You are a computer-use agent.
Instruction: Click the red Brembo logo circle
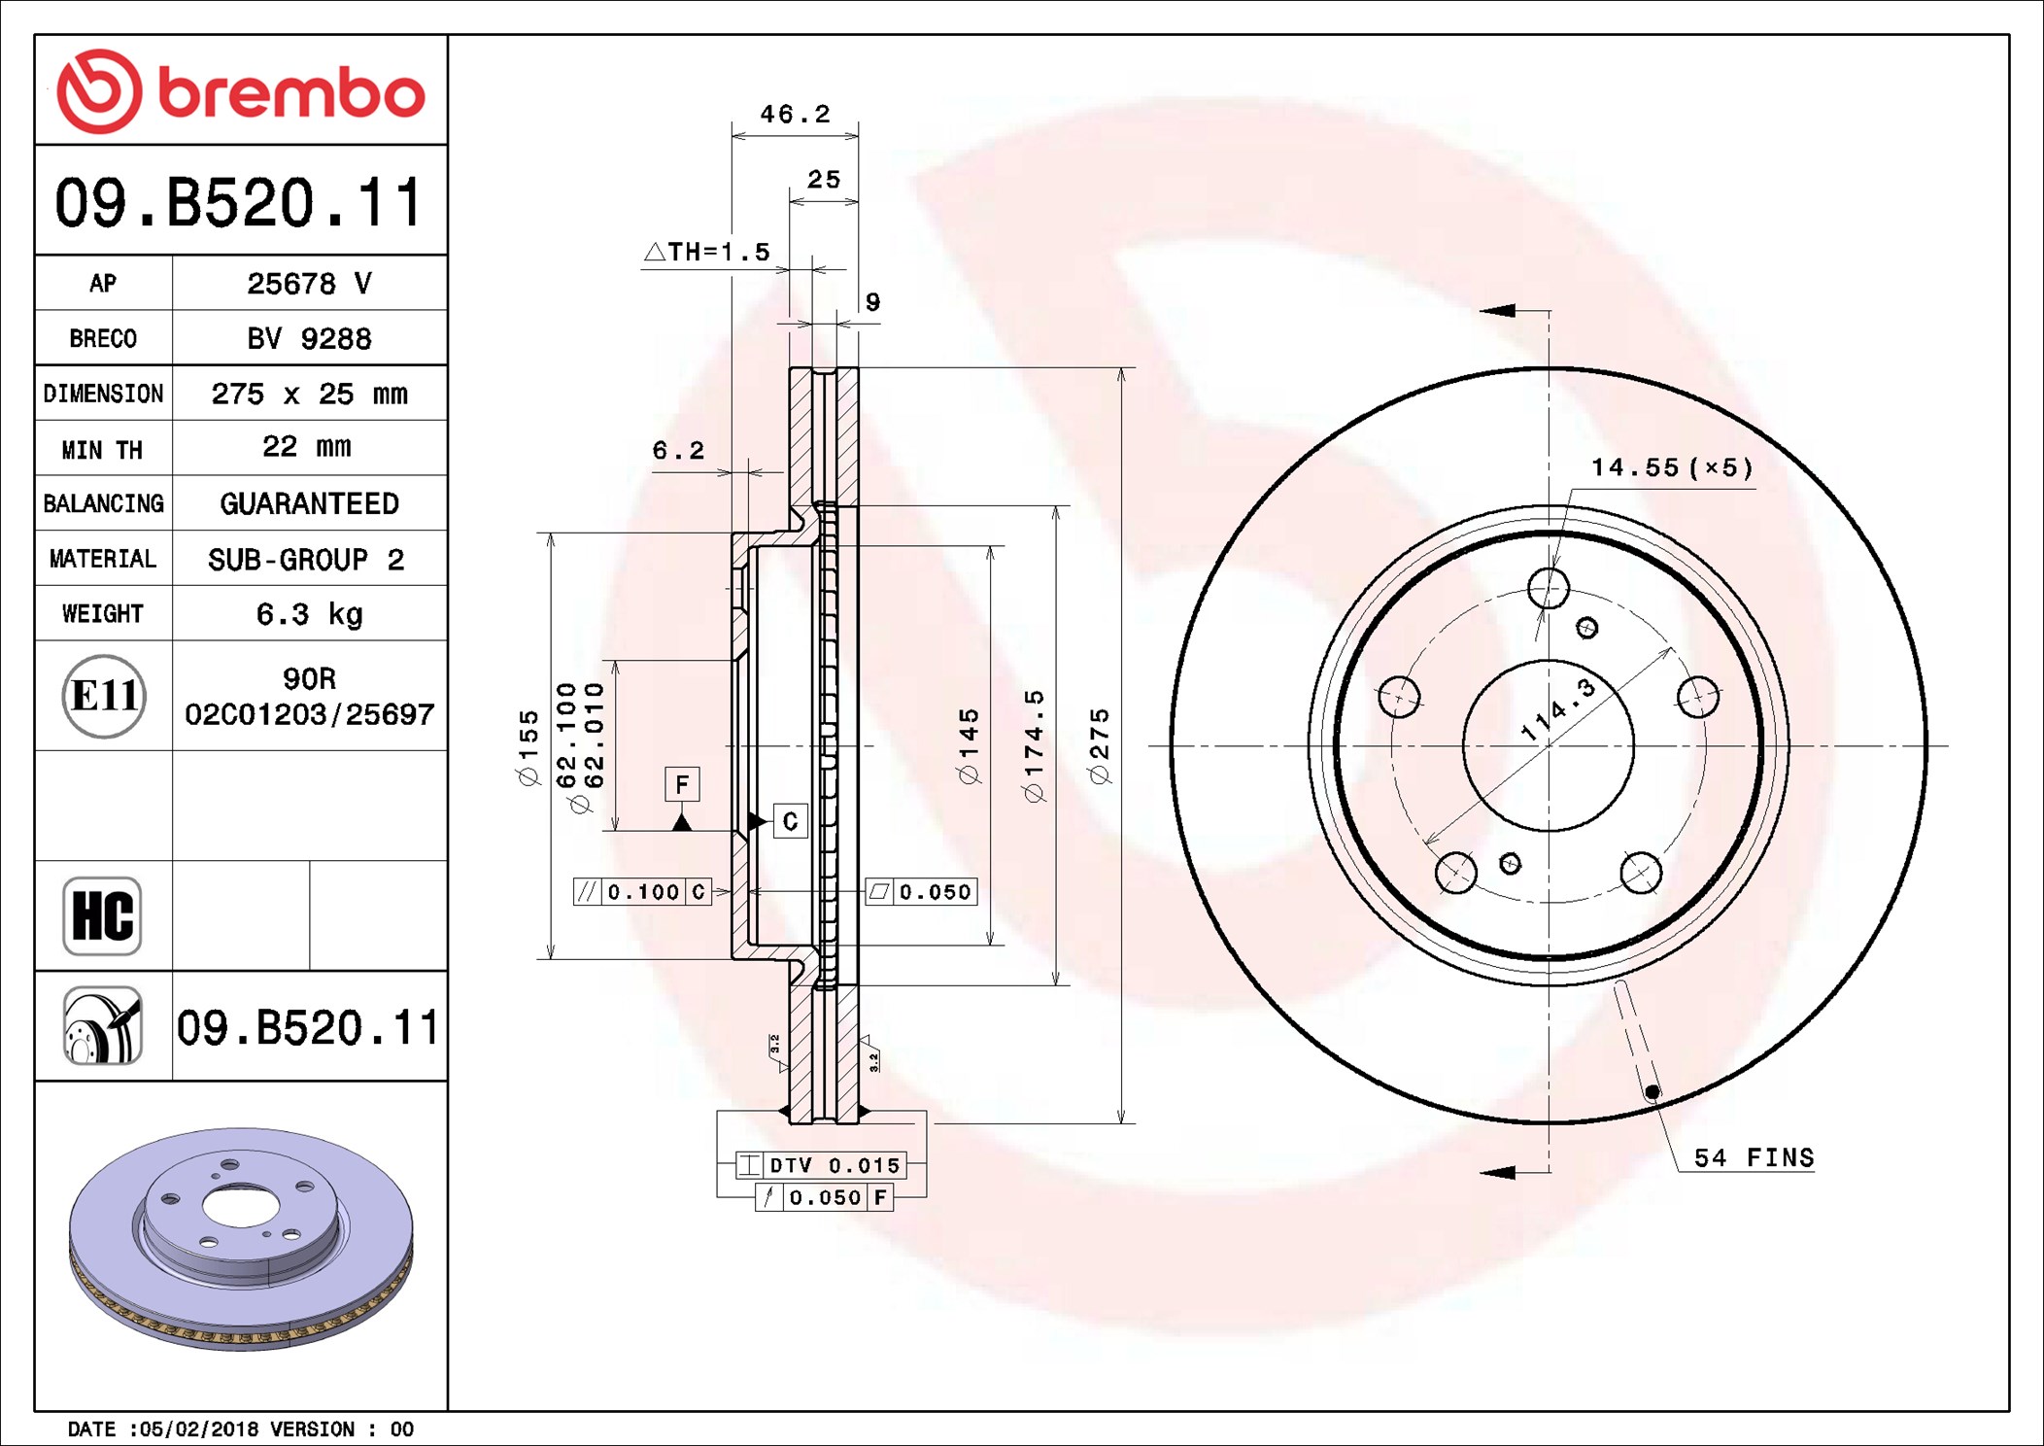click(x=99, y=91)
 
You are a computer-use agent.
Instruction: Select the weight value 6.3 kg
click(x=309, y=614)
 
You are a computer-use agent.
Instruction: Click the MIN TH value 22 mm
click(x=307, y=447)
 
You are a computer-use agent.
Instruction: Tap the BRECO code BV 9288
click(x=309, y=338)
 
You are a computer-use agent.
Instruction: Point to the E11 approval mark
click(x=104, y=696)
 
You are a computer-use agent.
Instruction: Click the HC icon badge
click(x=102, y=915)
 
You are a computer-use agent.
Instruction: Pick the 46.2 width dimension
click(x=795, y=115)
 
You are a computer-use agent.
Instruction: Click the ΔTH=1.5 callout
click(x=707, y=252)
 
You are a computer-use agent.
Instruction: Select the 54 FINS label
click(x=1754, y=1157)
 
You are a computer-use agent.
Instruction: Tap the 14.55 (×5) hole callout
click(x=1672, y=467)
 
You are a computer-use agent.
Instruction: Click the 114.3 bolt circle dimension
click(x=1558, y=711)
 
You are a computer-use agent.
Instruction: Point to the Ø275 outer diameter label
click(x=1099, y=746)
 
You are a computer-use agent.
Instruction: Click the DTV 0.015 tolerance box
click(x=821, y=1164)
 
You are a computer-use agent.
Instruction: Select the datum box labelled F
click(x=682, y=784)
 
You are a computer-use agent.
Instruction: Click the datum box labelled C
click(x=790, y=821)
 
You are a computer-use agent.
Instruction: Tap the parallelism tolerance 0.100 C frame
click(x=642, y=891)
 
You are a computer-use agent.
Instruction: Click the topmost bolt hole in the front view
click(x=1549, y=588)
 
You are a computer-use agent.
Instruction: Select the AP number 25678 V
click(x=309, y=283)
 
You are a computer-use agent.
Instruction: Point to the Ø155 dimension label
click(x=528, y=747)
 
